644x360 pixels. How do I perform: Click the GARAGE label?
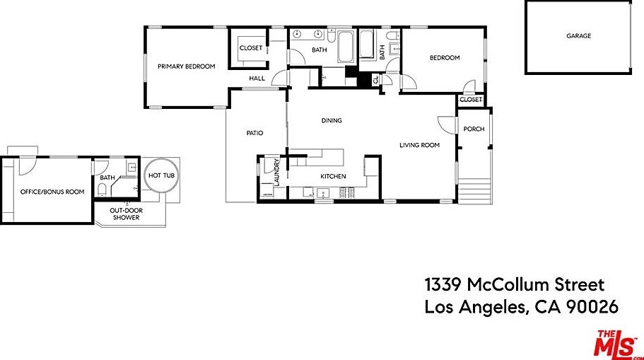click(x=579, y=36)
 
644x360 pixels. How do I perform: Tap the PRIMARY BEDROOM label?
click(x=187, y=66)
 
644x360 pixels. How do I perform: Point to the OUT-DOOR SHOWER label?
click(x=126, y=214)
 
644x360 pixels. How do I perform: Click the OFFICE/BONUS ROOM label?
click(x=52, y=192)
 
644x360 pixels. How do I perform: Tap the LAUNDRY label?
click(x=276, y=172)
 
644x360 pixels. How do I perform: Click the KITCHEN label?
click(x=333, y=176)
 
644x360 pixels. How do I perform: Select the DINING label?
click(x=332, y=120)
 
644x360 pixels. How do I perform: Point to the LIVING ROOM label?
click(x=419, y=145)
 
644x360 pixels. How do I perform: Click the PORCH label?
click(x=474, y=129)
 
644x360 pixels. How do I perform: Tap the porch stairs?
click(x=474, y=191)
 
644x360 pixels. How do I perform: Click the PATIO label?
click(x=254, y=133)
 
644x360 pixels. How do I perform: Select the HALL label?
click(x=257, y=78)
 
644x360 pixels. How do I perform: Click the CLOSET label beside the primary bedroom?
click(x=250, y=48)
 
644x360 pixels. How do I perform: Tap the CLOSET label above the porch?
click(x=471, y=100)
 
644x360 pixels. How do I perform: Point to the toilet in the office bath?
click(x=102, y=190)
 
